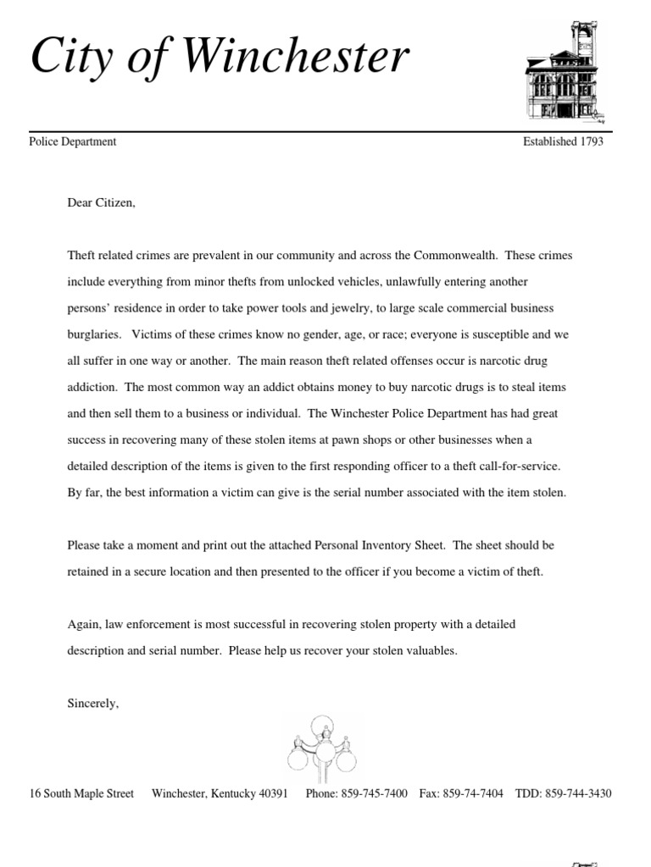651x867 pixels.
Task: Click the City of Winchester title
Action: (220, 58)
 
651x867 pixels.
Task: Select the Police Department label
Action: (73, 142)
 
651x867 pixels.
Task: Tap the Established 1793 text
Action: (563, 142)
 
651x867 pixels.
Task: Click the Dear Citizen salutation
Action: (101, 203)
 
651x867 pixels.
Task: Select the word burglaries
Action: (94, 334)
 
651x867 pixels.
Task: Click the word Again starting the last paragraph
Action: (84, 624)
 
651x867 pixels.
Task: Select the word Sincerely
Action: (93, 703)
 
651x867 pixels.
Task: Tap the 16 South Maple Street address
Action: (81, 793)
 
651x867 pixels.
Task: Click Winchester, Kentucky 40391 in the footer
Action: (220, 793)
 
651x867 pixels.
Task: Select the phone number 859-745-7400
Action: (374, 793)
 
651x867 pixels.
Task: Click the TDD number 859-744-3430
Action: (578, 793)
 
